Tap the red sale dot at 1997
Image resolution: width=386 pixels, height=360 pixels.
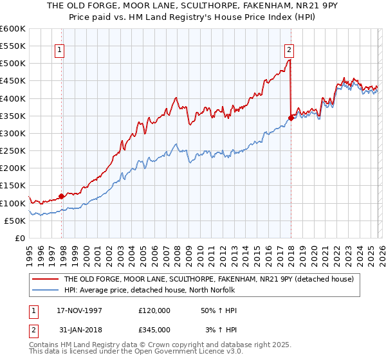[x=62, y=196]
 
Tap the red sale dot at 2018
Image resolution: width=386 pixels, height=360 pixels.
[x=291, y=118]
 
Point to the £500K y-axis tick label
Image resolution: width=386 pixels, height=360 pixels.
[x=13, y=64]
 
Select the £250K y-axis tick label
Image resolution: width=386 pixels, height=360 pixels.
[x=13, y=151]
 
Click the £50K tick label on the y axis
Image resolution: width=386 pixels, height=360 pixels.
[x=15, y=221]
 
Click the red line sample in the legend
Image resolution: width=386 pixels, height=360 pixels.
[x=45, y=280]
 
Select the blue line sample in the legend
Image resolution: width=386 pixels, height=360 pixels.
[x=45, y=290]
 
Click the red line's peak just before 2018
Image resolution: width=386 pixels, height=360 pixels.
[x=290, y=60]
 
